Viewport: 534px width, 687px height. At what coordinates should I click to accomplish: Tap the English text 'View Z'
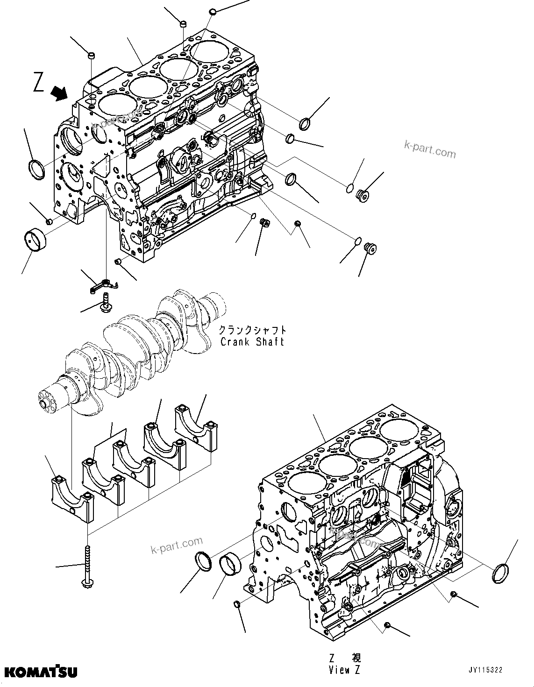[345, 670]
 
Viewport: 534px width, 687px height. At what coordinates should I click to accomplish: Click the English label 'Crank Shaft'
[252, 341]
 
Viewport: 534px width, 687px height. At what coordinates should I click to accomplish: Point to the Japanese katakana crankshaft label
[252, 330]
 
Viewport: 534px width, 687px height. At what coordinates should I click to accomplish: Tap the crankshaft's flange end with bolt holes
[48, 401]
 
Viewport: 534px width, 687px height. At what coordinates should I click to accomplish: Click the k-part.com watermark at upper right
[429, 150]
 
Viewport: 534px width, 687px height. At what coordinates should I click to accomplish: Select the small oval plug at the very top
[213, 11]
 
